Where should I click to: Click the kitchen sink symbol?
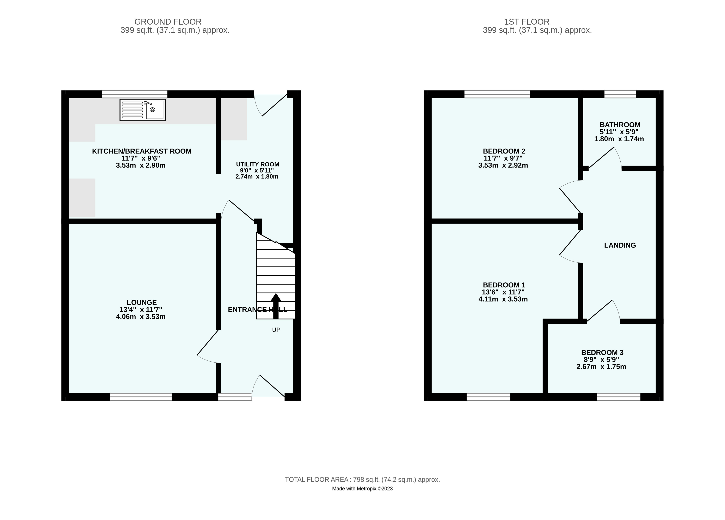[x=143, y=110]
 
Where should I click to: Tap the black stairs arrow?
[x=276, y=306]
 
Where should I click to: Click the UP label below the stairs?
[x=276, y=330]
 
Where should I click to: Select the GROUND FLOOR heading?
[x=168, y=22]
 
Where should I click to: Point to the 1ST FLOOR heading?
[x=527, y=22]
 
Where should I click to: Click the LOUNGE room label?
[x=142, y=302]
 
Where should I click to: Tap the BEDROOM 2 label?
[x=504, y=151]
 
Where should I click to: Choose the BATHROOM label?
[x=620, y=125]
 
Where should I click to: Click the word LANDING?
[x=620, y=245]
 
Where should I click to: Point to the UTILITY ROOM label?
[x=258, y=164]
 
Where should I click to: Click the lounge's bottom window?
[x=141, y=397]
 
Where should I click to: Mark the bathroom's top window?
[x=620, y=94]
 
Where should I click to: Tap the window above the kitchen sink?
[x=135, y=94]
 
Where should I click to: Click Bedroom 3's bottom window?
[x=619, y=397]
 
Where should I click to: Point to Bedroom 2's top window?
[x=497, y=94]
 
